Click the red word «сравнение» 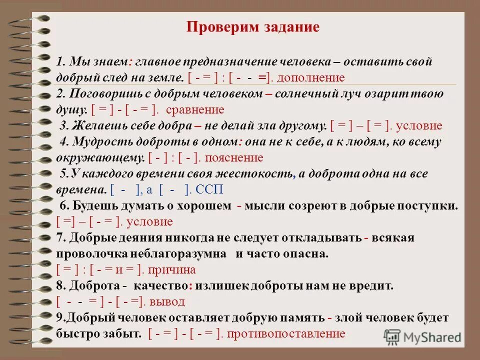194,109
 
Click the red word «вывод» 169,301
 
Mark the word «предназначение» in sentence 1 223,61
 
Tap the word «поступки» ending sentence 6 430,205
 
